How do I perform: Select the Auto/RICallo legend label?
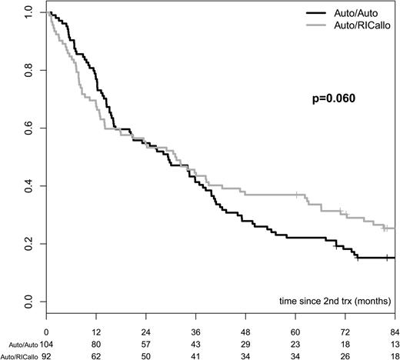[x=362, y=25]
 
